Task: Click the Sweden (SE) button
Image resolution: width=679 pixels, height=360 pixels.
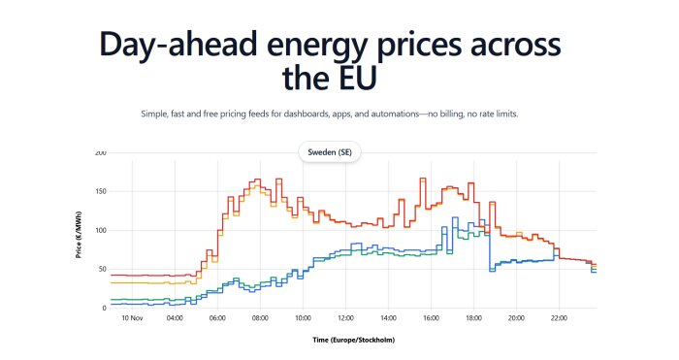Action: click(329, 153)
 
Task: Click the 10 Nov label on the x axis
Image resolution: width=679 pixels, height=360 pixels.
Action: click(132, 317)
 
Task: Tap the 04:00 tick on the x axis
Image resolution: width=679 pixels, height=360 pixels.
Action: click(175, 317)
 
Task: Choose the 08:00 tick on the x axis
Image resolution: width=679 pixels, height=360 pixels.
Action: click(260, 317)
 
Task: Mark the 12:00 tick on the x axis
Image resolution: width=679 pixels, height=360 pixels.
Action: click(345, 317)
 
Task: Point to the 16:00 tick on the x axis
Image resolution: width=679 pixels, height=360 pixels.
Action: click(431, 317)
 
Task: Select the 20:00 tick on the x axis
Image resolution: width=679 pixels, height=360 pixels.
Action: click(516, 317)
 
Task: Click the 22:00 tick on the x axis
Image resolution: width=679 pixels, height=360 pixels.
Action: click(559, 317)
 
